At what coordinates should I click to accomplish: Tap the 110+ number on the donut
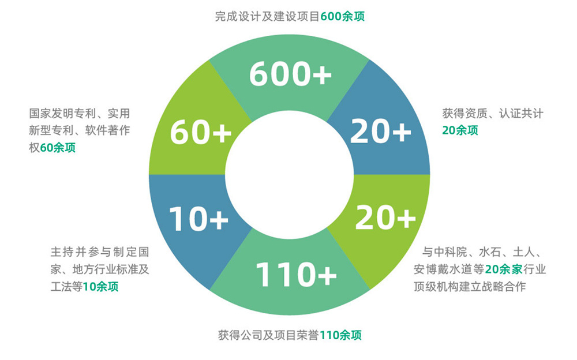coord(296,274)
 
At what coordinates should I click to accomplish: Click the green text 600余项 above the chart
coord(343,17)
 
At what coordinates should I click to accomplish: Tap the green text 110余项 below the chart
coord(340,335)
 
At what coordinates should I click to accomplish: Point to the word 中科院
coord(450,252)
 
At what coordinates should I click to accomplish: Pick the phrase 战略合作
coord(505,286)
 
